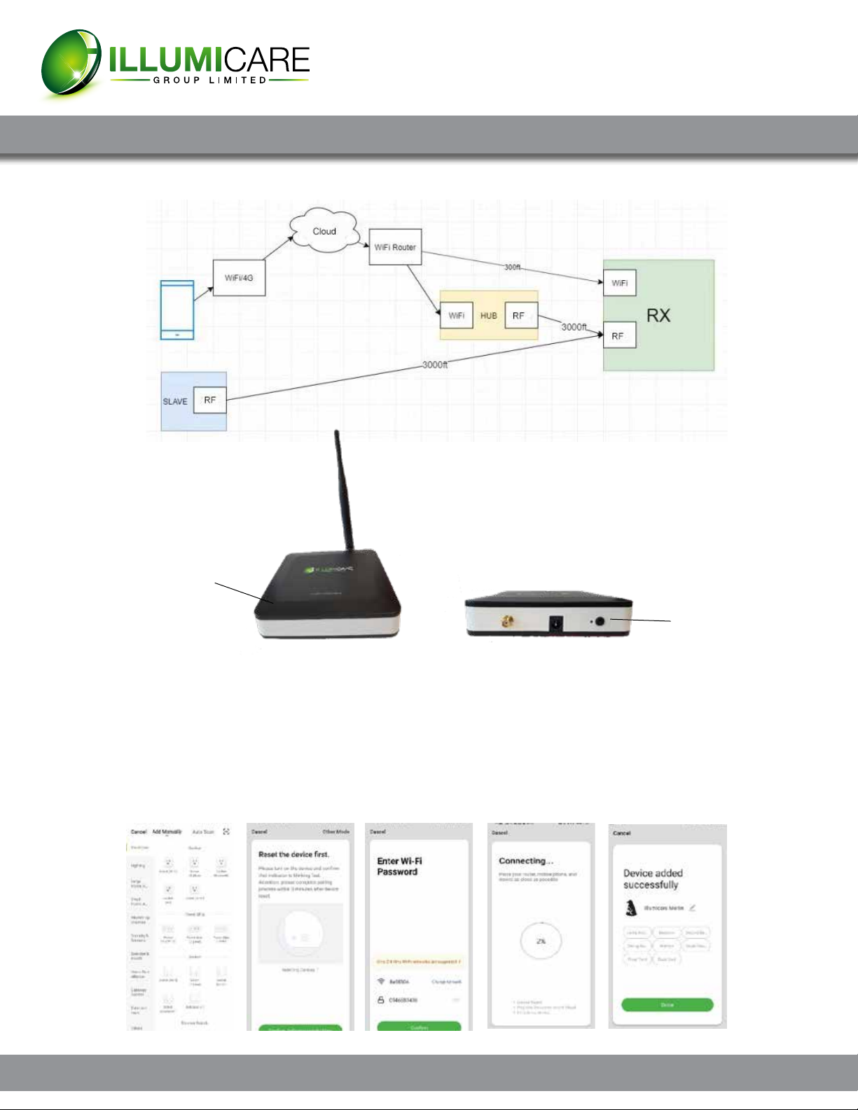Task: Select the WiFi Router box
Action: (x=395, y=247)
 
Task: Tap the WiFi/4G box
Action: (x=239, y=277)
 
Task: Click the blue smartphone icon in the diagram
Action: (x=177, y=310)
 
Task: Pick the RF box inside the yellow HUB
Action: (x=519, y=316)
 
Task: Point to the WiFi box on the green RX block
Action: (x=620, y=283)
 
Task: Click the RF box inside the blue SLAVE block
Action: (x=209, y=400)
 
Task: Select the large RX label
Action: (x=658, y=315)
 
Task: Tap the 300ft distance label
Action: (x=513, y=267)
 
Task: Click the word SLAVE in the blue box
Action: (x=175, y=401)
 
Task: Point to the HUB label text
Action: (x=488, y=316)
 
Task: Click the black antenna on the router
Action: (x=345, y=490)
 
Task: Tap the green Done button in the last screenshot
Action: (x=667, y=1005)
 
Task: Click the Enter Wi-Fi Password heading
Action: (x=399, y=866)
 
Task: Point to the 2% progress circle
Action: (x=541, y=941)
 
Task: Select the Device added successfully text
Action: (x=652, y=879)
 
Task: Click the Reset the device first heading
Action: (x=293, y=854)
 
